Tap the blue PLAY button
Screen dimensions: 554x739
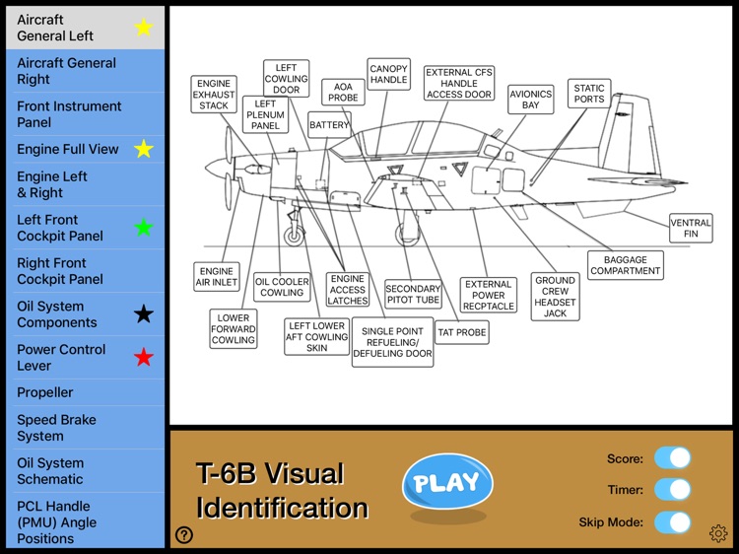point(446,482)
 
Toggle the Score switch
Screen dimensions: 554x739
point(673,457)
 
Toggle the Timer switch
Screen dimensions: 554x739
point(673,489)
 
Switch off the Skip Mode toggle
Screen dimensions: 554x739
point(673,521)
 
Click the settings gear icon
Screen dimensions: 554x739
point(718,534)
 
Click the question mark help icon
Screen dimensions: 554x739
point(184,535)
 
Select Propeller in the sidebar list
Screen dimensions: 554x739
point(45,392)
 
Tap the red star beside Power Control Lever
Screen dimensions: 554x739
point(144,357)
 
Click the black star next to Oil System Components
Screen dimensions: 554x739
point(144,314)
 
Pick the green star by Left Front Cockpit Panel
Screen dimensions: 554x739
point(144,228)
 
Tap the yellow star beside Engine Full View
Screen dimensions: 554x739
point(144,150)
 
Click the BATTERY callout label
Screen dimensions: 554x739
point(329,126)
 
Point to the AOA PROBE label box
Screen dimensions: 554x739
point(343,92)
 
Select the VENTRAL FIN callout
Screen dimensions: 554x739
point(691,229)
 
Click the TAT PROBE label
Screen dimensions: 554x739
point(462,332)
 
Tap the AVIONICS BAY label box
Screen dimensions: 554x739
point(531,99)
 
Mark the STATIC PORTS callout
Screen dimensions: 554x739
point(589,94)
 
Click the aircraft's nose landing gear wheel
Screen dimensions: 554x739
point(294,236)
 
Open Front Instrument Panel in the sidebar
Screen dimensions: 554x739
point(69,114)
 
